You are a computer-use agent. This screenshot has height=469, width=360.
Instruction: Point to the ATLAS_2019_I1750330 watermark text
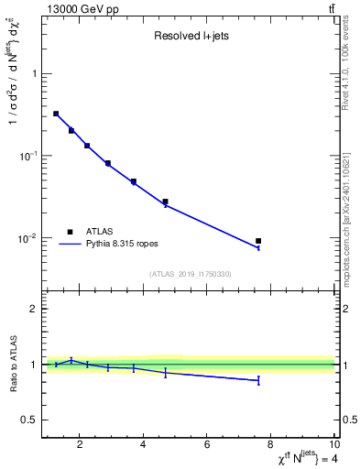pos(190,274)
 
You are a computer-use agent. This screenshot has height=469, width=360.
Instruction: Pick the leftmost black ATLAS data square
pos(56,114)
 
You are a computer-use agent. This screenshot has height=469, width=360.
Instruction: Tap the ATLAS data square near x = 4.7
pos(166,202)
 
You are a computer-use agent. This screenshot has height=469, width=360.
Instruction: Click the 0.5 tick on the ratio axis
pos(31,420)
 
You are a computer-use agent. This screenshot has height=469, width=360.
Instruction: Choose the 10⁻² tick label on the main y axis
pos(27,238)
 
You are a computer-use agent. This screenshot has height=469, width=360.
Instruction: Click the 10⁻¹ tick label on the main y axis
pos(27,156)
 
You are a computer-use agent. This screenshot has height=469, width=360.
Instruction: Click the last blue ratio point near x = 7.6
pos(258,380)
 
